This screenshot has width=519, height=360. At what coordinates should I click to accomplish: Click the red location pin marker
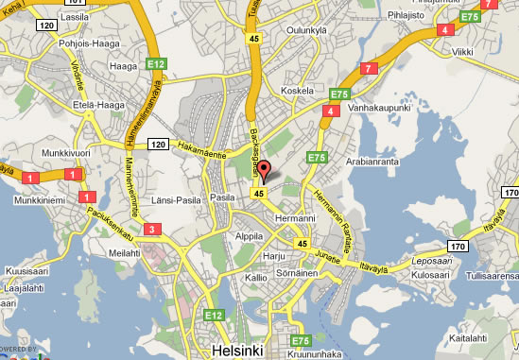point(265,171)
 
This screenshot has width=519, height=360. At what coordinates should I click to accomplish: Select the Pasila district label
point(221,197)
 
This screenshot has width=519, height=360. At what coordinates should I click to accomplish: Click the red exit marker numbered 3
point(153,228)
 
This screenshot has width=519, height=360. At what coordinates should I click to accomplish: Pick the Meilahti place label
point(124,252)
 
